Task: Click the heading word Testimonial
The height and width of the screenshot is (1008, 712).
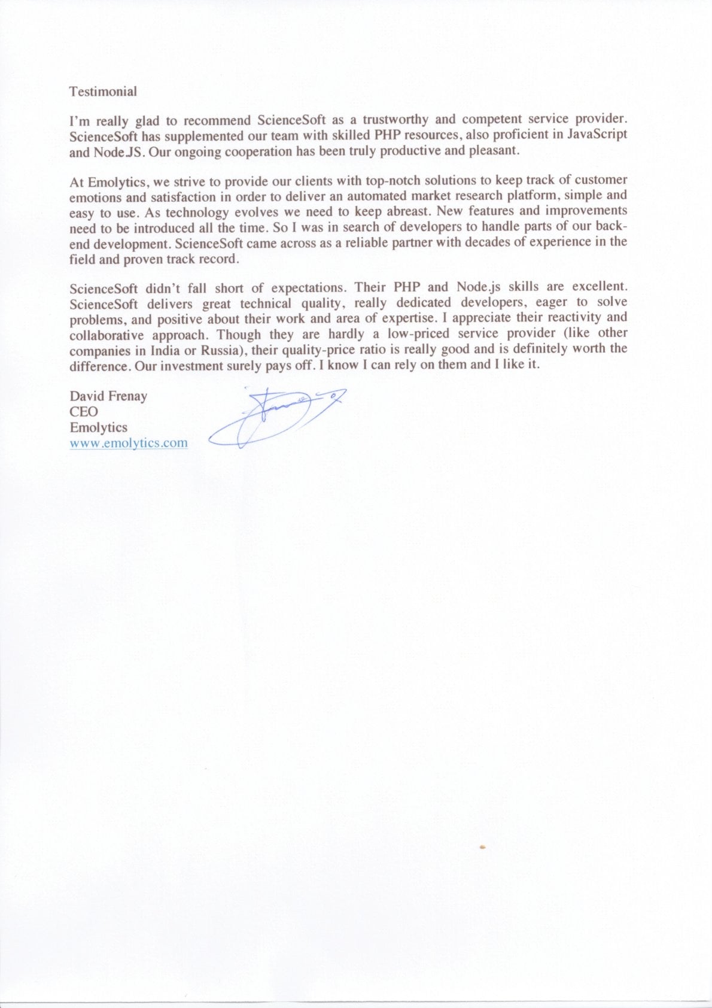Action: [x=103, y=92]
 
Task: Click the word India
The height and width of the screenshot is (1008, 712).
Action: [x=165, y=351]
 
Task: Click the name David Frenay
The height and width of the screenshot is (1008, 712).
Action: [x=108, y=396]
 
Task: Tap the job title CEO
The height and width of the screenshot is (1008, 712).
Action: [x=84, y=412]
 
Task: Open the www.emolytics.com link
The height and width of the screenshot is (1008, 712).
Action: [x=129, y=444]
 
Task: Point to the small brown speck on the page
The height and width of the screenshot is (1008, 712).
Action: [x=482, y=847]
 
